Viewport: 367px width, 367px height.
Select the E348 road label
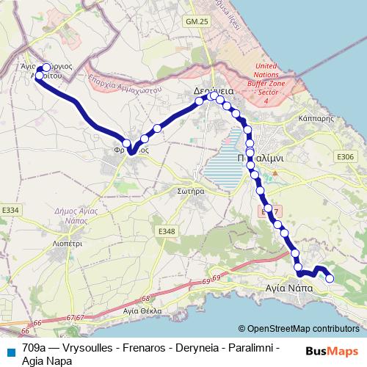tap(167, 231)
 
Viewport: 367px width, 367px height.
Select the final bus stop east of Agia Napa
tap(330, 278)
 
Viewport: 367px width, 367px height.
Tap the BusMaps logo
tap(332, 351)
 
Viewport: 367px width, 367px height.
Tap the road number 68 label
tap(146, 298)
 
